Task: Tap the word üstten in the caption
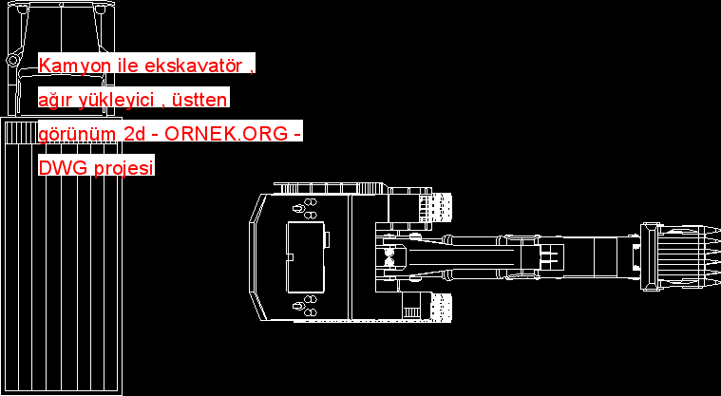[x=204, y=100]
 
